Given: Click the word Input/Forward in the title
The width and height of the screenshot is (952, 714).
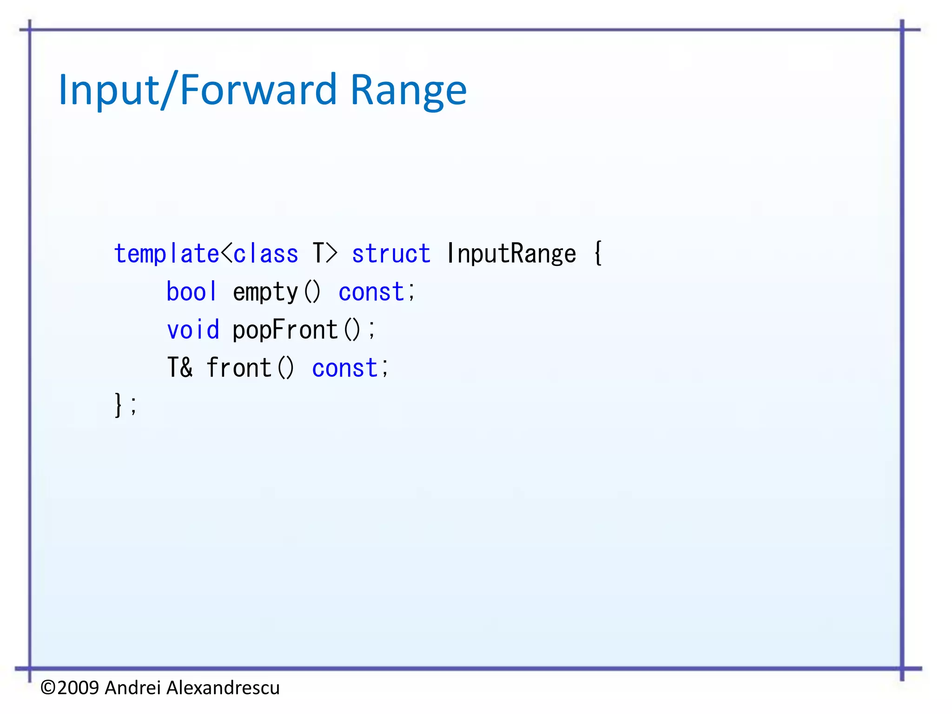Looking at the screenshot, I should (197, 90).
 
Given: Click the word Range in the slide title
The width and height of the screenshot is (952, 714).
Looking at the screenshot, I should (408, 90).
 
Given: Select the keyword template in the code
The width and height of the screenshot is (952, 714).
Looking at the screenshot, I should (166, 254).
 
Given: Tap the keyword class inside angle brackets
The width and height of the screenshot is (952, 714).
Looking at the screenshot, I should (265, 254).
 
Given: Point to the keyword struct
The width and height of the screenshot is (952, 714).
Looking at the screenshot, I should (391, 254).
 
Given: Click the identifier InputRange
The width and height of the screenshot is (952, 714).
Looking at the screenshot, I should (511, 254).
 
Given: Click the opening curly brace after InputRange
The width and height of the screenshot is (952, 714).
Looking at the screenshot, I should (598, 253).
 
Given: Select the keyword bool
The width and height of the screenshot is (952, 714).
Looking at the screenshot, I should (192, 292).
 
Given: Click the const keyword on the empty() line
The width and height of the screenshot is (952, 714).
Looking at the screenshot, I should (371, 292).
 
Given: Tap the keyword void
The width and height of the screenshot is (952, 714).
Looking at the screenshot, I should (193, 331).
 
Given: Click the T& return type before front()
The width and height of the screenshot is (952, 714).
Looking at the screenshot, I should (179, 368).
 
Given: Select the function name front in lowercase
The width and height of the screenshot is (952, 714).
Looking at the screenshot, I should (239, 368).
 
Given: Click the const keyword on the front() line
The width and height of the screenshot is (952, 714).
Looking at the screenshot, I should (345, 369).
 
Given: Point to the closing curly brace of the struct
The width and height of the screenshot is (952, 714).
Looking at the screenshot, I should (119, 405).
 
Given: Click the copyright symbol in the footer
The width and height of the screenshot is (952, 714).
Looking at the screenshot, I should (48, 688).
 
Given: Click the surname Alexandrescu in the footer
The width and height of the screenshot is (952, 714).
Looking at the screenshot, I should (223, 688).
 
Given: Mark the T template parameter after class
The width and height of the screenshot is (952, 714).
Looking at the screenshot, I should (318, 254).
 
